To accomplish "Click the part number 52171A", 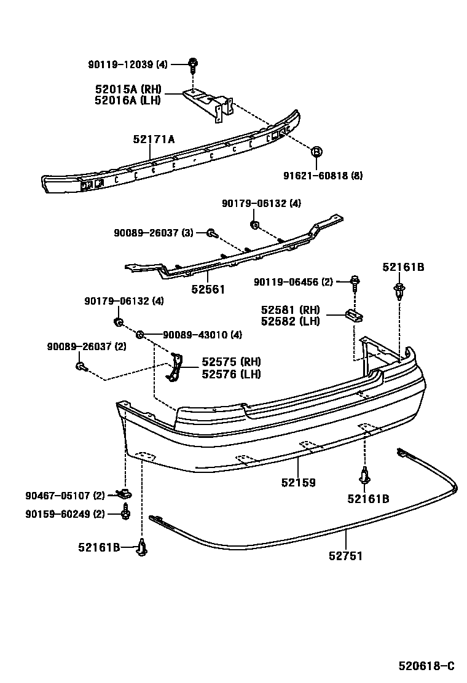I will [154, 139].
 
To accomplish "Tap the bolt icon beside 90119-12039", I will [193, 63].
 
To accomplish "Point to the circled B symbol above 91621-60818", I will [316, 152].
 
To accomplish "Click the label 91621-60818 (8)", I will [323, 176].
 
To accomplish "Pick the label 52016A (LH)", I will [128, 100].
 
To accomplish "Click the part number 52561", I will [208, 289].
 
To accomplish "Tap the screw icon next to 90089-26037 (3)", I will [211, 233].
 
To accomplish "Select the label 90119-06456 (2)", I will [293, 282].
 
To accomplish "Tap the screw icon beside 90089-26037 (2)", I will [80, 367].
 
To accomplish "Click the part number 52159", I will [299, 482].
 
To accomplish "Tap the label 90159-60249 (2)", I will [65, 513].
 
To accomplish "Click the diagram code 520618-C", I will [426, 666].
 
